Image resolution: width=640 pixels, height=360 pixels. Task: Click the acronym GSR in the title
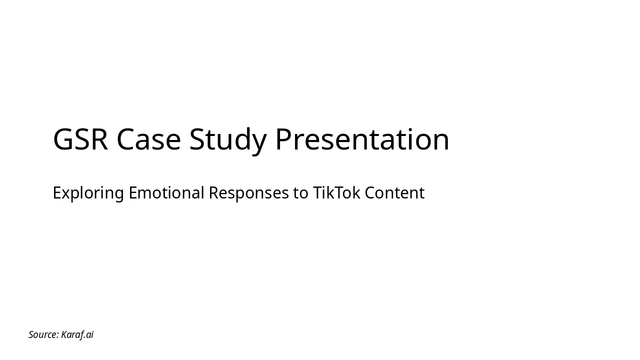pos(80,139)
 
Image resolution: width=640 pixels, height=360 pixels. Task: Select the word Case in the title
pos(148,139)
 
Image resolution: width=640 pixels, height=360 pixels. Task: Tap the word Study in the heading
pos(227,140)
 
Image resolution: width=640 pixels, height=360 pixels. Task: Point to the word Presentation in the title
pos(362,139)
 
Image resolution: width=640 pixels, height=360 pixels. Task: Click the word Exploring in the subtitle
pos(88,193)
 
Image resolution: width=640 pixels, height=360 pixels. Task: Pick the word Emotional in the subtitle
pos(166,192)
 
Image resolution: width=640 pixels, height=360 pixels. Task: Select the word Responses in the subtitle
pos(248,193)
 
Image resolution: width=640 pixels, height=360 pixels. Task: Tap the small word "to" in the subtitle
pos(300,192)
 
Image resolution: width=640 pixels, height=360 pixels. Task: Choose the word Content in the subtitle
pos(394,192)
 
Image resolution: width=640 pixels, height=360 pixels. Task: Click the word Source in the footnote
pos(43,334)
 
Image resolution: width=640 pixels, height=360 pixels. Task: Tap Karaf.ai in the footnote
pos(77,334)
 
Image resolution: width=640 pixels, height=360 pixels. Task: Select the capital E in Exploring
pos(56,192)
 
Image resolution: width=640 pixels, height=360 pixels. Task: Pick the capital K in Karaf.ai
pos(64,334)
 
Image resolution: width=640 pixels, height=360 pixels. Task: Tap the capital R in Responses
pos(213,192)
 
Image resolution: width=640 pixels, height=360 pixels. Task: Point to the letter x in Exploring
pos(65,193)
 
